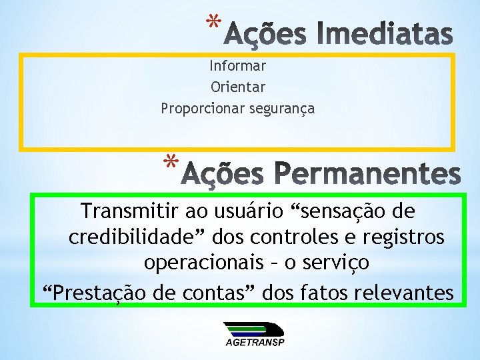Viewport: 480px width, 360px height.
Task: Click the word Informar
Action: pyautogui.click(x=237, y=66)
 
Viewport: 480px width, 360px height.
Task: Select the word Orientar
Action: pyautogui.click(x=237, y=87)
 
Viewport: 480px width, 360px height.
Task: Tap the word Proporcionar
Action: pyautogui.click(x=203, y=108)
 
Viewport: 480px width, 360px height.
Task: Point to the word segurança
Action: pyautogui.click(x=281, y=108)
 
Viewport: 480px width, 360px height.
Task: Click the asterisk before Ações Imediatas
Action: pyautogui.click(x=213, y=25)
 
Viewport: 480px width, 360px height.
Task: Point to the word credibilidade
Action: pyautogui.click(x=126, y=237)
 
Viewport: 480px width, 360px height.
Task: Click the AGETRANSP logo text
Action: pyautogui.click(x=255, y=343)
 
